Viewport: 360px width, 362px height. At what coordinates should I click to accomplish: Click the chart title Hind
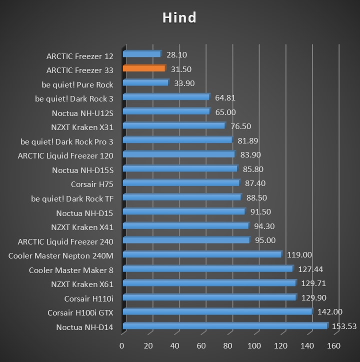[x=179, y=18]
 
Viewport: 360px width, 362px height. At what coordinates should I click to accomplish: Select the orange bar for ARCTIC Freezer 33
[x=143, y=68]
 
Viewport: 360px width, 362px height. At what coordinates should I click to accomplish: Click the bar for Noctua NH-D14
[x=224, y=326]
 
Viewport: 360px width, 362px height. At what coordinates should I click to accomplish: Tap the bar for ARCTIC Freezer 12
[x=141, y=54]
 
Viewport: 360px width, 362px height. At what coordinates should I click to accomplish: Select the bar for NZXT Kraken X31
[x=173, y=126]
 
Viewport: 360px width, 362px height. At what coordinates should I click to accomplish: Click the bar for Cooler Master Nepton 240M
[x=201, y=255]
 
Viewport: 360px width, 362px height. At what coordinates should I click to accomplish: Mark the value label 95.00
[x=265, y=240]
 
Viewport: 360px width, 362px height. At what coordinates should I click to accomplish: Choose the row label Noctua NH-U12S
[x=82, y=113]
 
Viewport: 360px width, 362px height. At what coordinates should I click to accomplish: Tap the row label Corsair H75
[x=92, y=184]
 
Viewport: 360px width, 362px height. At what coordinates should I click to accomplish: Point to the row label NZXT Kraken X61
[x=82, y=284]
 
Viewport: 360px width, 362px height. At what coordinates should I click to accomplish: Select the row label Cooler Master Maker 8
[x=71, y=270]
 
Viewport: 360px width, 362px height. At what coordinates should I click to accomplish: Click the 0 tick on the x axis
[x=122, y=346]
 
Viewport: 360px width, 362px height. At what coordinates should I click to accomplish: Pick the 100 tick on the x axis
[x=254, y=346]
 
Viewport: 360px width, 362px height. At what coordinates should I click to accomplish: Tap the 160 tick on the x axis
[x=333, y=346]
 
